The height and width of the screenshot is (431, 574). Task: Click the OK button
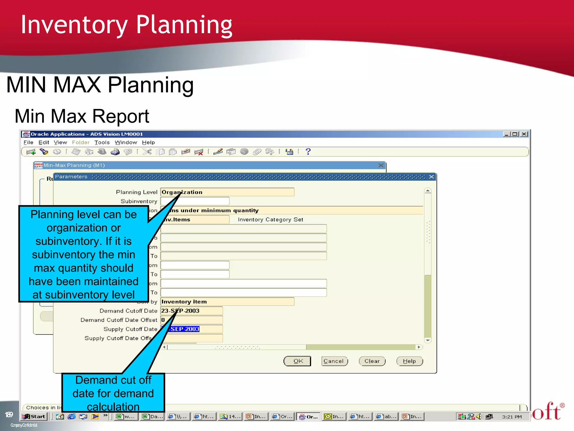[297, 361]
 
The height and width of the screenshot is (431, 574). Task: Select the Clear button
[372, 361]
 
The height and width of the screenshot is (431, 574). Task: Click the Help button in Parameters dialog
[409, 361]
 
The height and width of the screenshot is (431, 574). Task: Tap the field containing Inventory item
[227, 302]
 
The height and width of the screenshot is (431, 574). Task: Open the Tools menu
[102, 143]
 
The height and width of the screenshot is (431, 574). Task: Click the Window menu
[126, 143]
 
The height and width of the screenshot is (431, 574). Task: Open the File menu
[28, 143]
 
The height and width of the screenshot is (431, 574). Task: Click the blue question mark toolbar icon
[308, 152]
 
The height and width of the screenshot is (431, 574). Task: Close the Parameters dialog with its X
[431, 177]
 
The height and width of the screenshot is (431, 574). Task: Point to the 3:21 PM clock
[512, 417]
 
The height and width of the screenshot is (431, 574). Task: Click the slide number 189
[9, 415]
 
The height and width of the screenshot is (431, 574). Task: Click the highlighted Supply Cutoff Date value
[185, 329]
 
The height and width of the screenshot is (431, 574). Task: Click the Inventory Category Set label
[270, 220]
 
